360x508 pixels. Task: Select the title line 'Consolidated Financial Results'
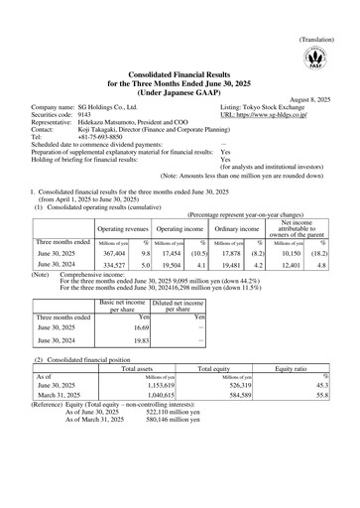coord(180,71)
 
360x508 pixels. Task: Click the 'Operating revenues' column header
coord(92,230)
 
